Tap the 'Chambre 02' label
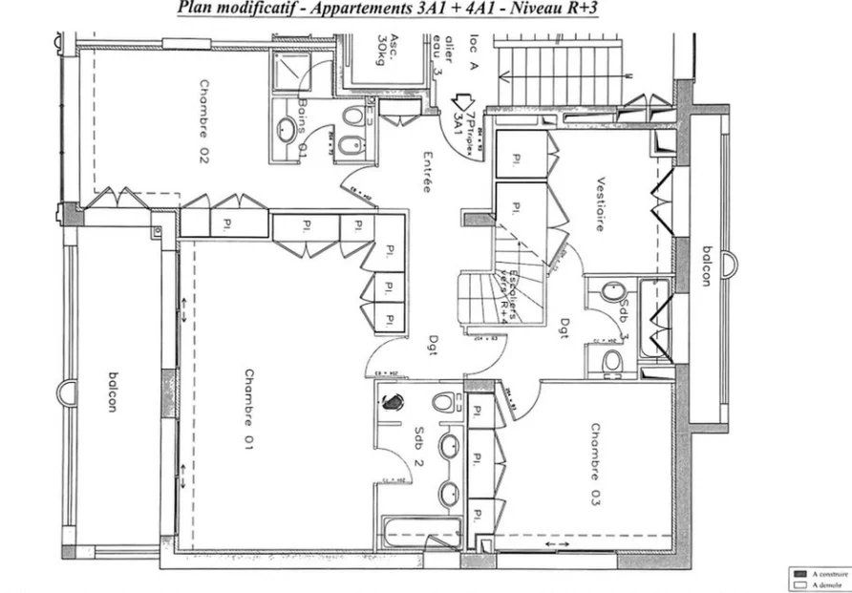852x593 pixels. click(203, 122)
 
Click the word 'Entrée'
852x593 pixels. click(427, 175)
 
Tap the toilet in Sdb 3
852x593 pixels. click(611, 360)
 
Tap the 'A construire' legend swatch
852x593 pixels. click(799, 574)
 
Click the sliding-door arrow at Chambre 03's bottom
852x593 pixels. click(555, 544)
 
